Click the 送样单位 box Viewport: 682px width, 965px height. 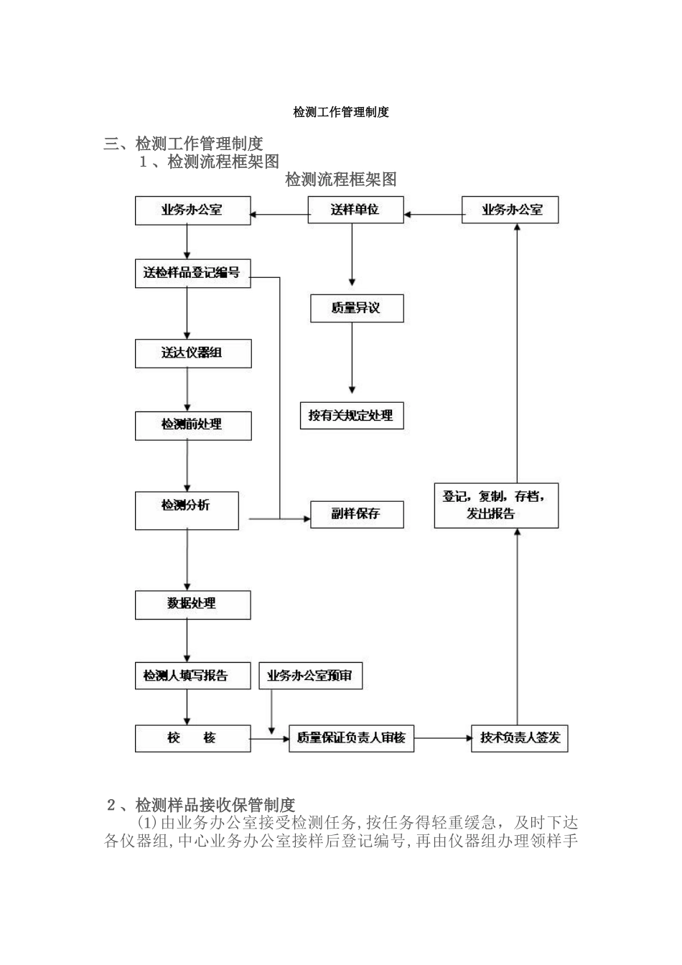[x=355, y=210]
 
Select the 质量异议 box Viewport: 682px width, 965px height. [x=356, y=308]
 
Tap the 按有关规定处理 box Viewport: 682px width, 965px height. [x=351, y=415]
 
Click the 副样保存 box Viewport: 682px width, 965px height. [x=357, y=514]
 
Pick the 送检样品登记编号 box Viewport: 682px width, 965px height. [x=192, y=273]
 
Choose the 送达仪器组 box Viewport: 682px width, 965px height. [x=193, y=353]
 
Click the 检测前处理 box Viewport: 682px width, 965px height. [x=193, y=425]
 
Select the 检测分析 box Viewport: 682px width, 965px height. [x=187, y=510]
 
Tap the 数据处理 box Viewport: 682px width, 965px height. [x=192, y=605]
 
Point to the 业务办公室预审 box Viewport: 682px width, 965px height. [x=310, y=676]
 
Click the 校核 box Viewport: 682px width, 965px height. [x=192, y=738]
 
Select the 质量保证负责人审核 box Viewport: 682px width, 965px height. [x=351, y=738]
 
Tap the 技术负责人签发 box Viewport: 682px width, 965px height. [x=519, y=738]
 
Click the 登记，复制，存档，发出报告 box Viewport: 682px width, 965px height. [x=496, y=505]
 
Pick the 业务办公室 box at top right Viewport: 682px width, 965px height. [x=510, y=210]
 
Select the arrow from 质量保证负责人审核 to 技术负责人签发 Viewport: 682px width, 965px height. [x=442, y=737]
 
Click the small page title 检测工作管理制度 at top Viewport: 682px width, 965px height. [x=341, y=112]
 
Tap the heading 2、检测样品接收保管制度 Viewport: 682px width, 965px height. [x=201, y=804]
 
